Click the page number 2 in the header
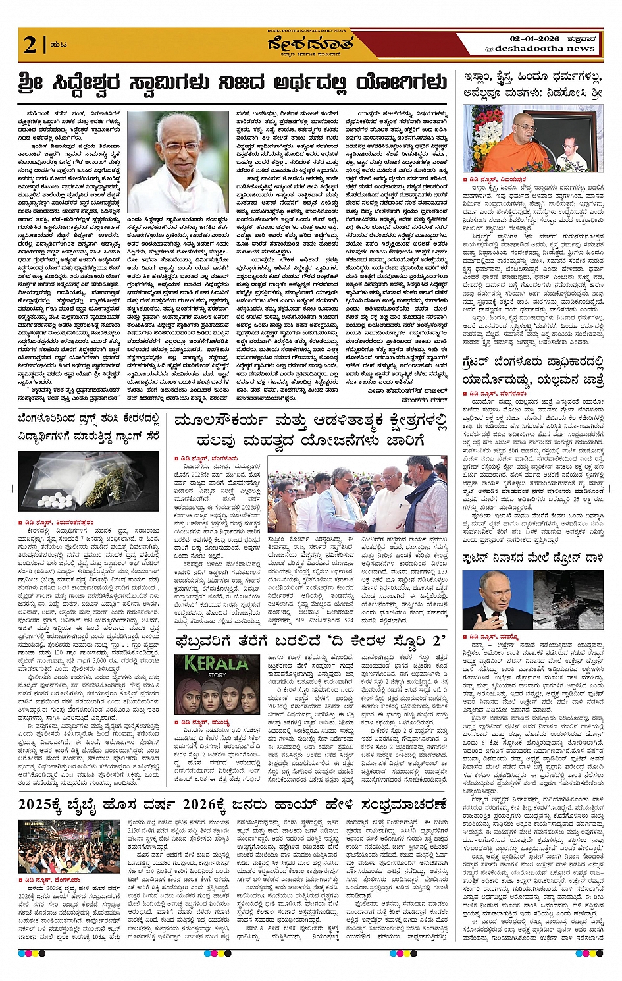coord(30,45)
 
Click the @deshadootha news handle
coord(540,49)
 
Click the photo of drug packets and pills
coord(88,481)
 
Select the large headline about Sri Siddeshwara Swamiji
coord(233,84)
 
